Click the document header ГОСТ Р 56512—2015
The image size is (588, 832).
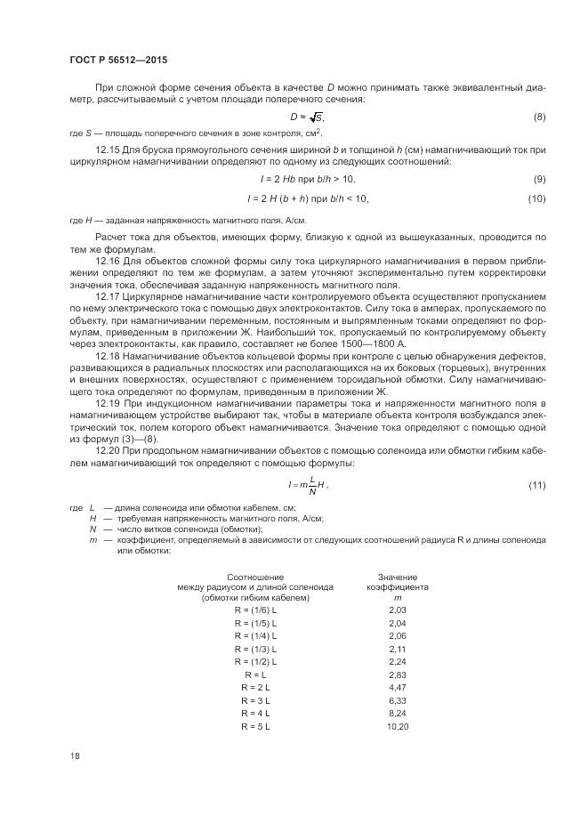[x=117, y=61]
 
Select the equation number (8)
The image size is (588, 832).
[x=539, y=117]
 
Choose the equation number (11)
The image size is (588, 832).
[x=536, y=484]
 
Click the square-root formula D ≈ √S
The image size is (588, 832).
[x=307, y=117]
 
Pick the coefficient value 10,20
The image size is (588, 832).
[x=397, y=727]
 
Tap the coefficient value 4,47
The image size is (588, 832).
[x=397, y=688]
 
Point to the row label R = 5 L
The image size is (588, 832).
[x=255, y=727]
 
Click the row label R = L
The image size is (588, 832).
[x=255, y=675]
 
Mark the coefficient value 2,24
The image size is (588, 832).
[x=397, y=662]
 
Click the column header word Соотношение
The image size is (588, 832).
[x=254, y=578]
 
